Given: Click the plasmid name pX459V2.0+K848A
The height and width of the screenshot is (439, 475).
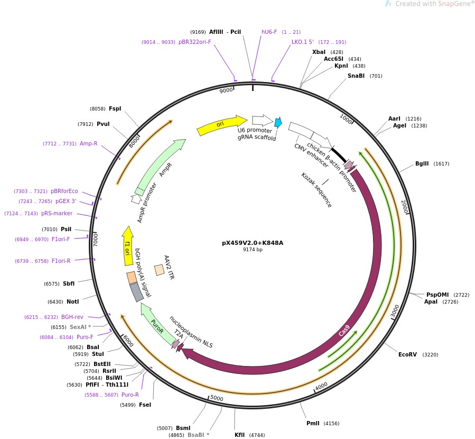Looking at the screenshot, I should pos(253,243).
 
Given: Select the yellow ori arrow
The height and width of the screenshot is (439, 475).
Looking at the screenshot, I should pos(221,125).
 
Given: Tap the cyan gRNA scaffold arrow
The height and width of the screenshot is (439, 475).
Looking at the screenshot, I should pos(278,123).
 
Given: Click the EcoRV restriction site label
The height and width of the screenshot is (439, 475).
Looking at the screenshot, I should pos(407,354).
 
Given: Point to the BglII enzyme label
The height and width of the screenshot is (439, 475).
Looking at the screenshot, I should pos(422,164).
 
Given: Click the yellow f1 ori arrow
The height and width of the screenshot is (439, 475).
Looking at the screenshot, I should pos(127,246).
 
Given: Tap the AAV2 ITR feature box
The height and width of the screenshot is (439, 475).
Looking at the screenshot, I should pos(159,270).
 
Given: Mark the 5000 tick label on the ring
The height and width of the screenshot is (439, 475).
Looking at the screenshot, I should pos(217,398).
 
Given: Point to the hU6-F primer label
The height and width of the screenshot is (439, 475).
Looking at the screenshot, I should pos(269,32).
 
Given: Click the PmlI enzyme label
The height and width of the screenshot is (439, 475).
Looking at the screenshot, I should pos(313,423).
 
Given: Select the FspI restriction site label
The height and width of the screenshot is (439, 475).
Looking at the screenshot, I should pos(115,108).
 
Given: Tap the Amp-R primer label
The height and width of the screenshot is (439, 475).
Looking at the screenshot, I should pos(88,143).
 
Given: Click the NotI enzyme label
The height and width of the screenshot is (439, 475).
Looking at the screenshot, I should pos(72,301).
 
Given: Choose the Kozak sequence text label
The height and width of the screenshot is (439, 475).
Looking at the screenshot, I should pos(316,190).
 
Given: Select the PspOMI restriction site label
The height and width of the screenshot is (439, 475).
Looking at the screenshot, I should pos(437,295).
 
